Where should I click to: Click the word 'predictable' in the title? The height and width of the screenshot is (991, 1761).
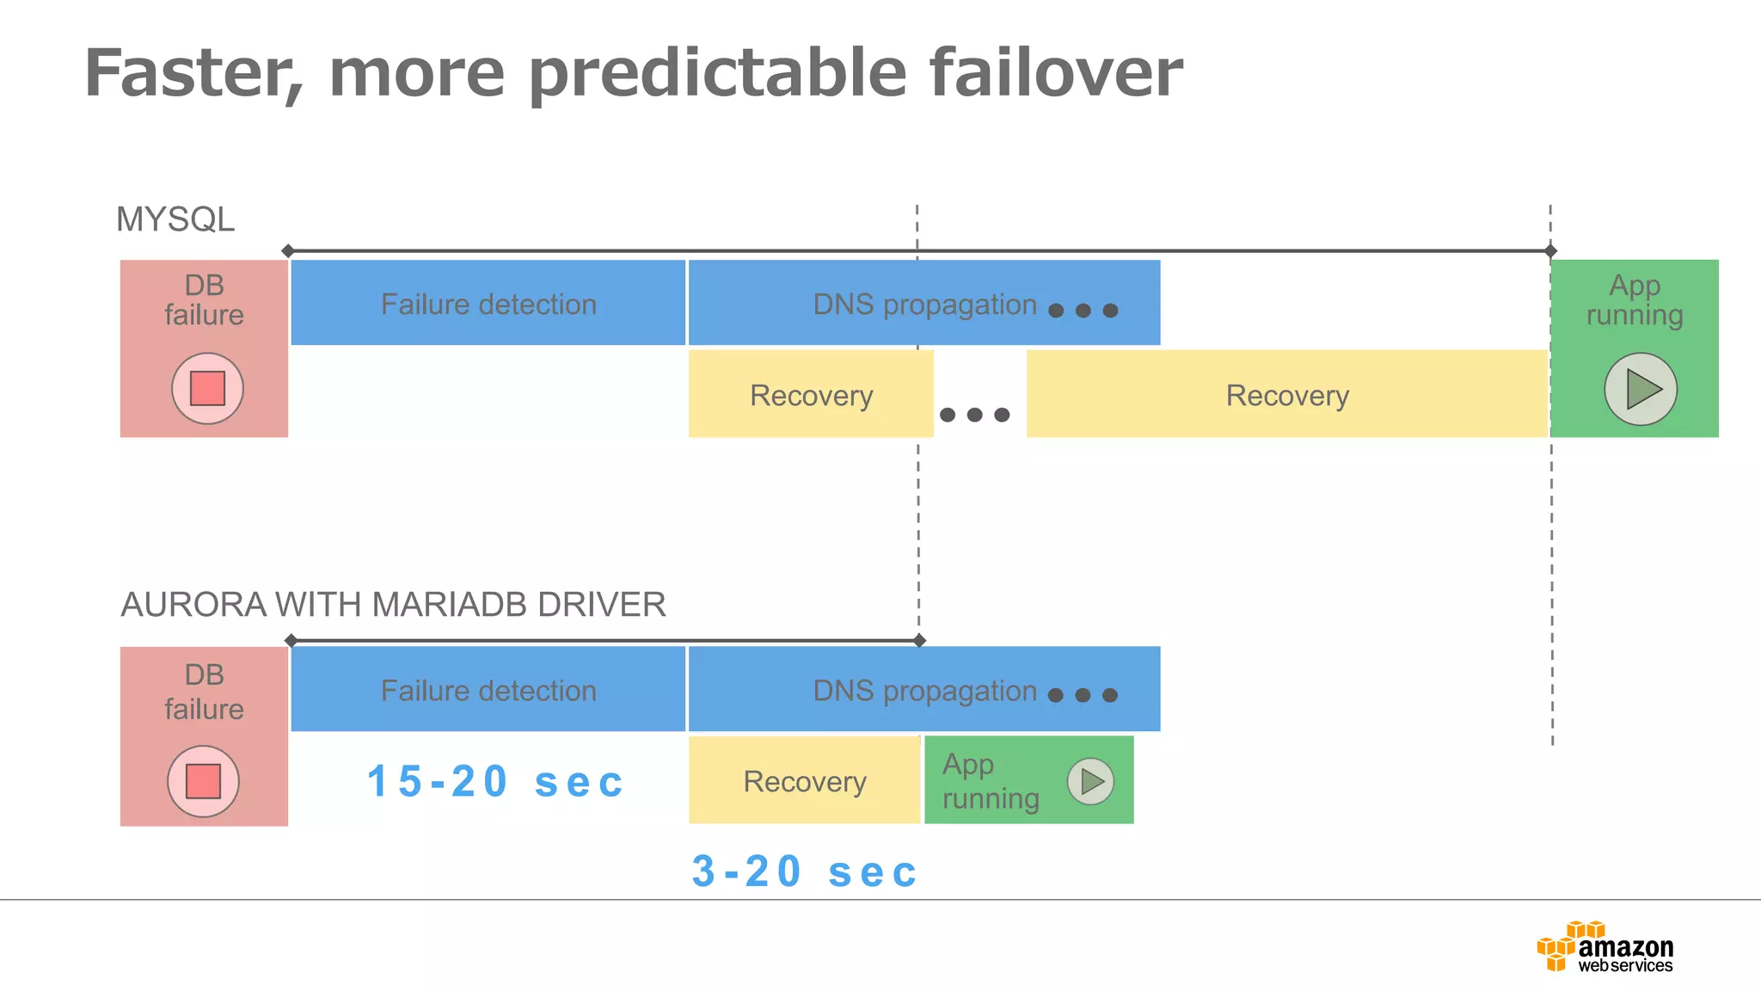coord(718,74)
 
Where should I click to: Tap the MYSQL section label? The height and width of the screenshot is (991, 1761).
coord(175,219)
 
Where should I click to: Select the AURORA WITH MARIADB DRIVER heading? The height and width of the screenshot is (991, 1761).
coord(393,605)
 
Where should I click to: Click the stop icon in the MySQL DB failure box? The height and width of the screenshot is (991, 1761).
coord(207,388)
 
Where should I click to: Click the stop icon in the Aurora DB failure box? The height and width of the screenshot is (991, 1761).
coord(203,781)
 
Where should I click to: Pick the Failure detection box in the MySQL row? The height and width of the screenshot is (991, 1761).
coord(488,304)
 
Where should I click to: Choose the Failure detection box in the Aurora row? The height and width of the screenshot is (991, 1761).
coord(488,690)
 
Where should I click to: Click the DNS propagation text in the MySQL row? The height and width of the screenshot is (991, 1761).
coord(924,305)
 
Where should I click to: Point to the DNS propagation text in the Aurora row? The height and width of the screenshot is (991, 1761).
coord(924,691)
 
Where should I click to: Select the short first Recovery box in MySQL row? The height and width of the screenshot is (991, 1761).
coord(811,395)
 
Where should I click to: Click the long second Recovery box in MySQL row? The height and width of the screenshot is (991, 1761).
coord(1286,395)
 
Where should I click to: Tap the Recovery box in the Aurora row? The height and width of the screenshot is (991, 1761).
coord(804,781)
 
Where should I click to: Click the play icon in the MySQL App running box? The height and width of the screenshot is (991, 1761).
coord(1641,389)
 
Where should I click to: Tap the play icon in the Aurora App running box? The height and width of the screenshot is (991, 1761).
coord(1090,781)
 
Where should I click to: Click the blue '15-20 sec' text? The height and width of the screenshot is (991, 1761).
coord(495,781)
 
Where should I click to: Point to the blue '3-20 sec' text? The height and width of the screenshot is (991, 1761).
coord(805,871)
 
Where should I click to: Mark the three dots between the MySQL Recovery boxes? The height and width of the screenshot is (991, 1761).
coord(974,415)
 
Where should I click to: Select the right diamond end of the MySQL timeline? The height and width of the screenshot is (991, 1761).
coord(1550,251)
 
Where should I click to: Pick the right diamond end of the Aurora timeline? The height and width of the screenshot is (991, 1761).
coord(919,640)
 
